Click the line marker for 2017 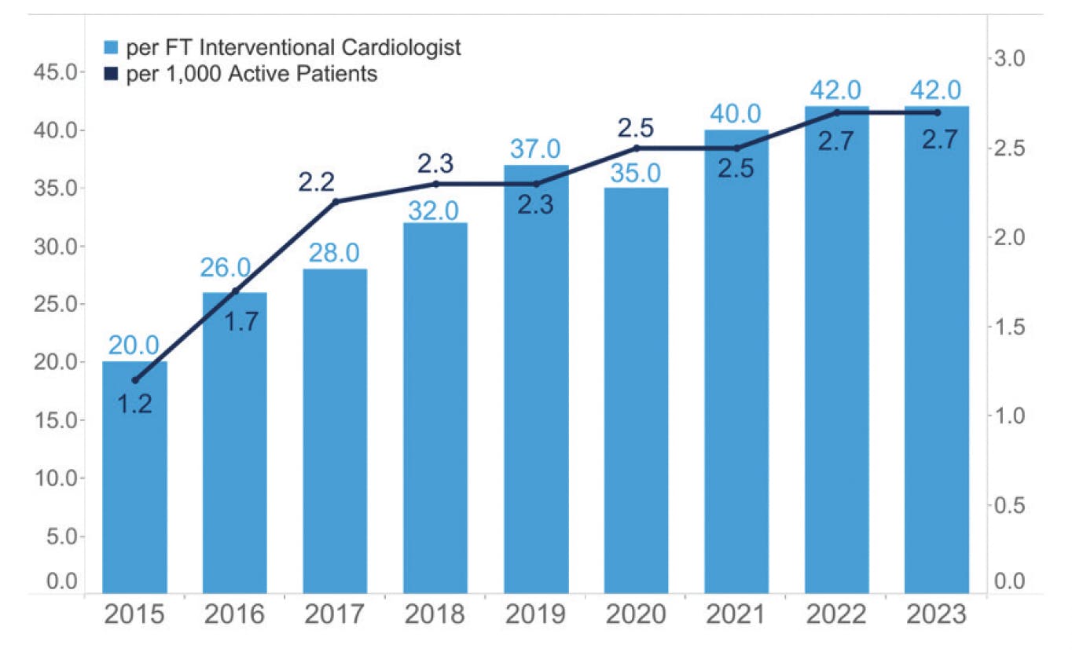pos(336,202)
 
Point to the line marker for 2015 pos(134,380)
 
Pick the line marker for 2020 pos(636,148)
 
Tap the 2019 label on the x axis pos(535,614)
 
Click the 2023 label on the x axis pos(936,614)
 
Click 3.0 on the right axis pos(1013,59)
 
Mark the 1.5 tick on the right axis pos(1013,326)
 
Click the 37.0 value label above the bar pos(535,149)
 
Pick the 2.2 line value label pos(317,182)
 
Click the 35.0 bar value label pos(636,172)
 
